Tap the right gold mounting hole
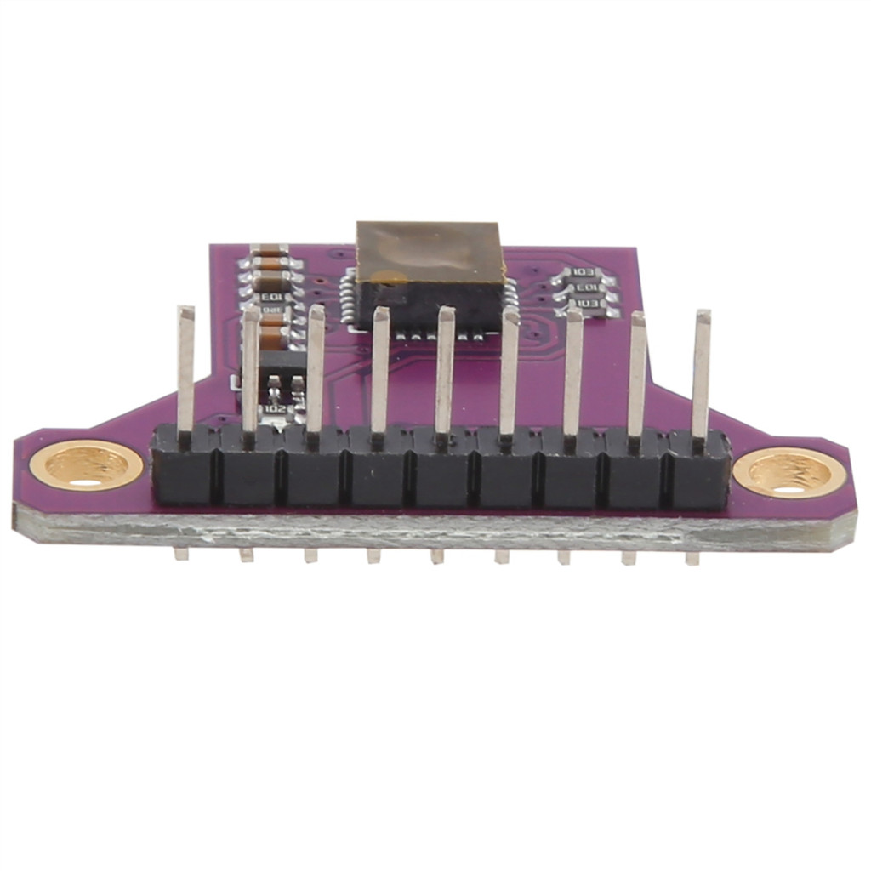click(789, 472)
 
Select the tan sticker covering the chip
click(430, 251)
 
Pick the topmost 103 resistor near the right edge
click(583, 273)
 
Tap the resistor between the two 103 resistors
click(584, 288)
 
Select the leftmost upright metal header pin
click(185, 370)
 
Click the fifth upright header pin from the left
click(445, 370)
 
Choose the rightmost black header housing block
click(699, 470)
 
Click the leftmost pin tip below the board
click(180, 554)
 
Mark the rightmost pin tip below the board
click(692, 559)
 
